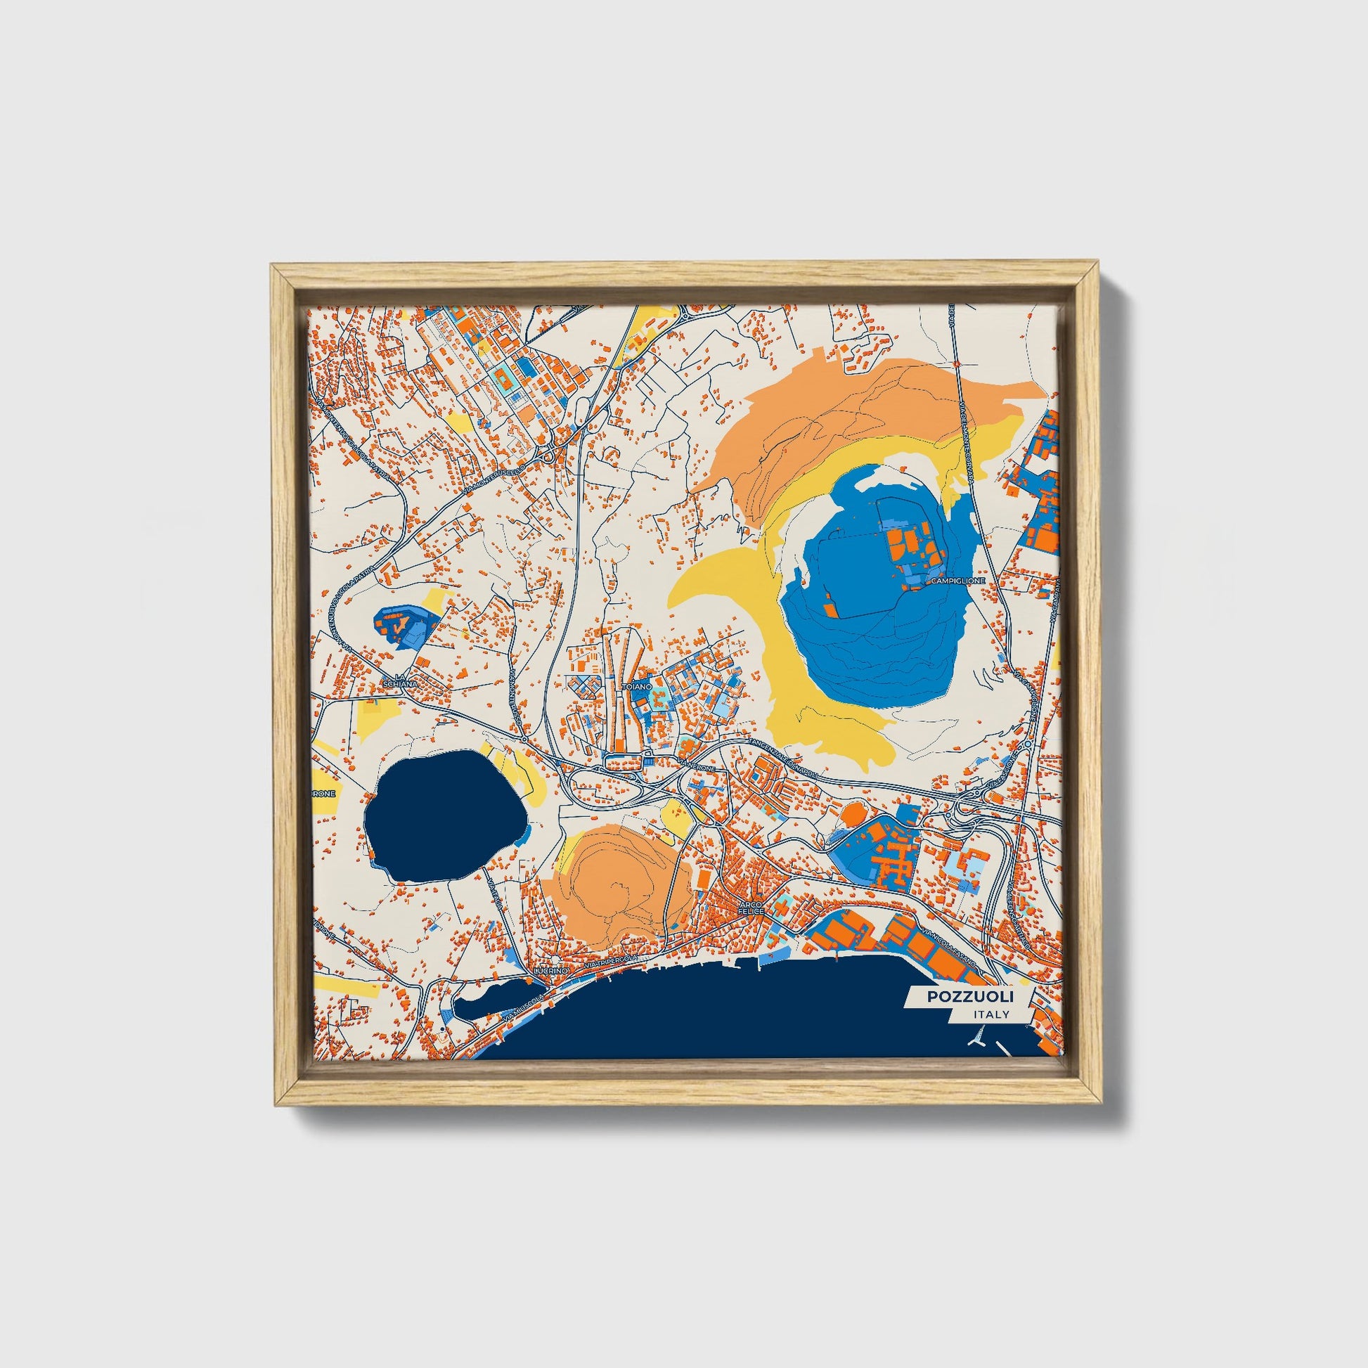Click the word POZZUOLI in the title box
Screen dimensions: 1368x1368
point(970,997)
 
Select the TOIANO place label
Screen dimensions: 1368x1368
point(632,687)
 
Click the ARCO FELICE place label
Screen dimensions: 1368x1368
point(751,908)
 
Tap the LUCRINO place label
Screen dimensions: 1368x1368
point(553,971)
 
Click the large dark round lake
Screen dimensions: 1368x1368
point(444,815)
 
